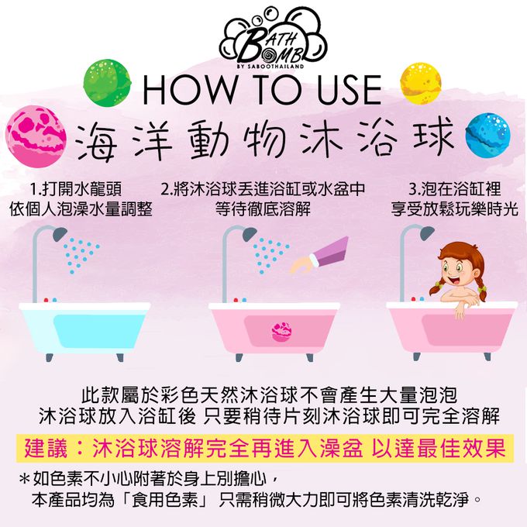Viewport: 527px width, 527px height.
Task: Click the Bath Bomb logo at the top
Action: [273, 39]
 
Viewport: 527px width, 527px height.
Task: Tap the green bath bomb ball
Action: [107, 82]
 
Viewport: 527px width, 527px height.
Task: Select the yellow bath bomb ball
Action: [421, 84]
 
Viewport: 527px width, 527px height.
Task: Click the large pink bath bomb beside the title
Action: [36, 136]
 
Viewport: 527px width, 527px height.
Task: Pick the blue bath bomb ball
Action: [488, 136]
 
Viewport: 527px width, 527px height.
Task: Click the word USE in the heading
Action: [349, 90]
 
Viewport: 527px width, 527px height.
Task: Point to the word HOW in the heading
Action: [189, 90]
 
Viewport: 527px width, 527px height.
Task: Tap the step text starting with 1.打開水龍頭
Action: [76, 189]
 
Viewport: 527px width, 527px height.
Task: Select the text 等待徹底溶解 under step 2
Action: [263, 209]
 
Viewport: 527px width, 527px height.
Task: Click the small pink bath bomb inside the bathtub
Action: [281, 332]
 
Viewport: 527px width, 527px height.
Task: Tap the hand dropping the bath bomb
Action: [302, 263]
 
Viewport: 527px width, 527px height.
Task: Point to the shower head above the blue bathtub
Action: [60, 233]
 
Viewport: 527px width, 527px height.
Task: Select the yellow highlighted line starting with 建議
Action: [265, 448]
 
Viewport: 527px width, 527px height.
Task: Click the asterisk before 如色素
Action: [25, 479]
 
